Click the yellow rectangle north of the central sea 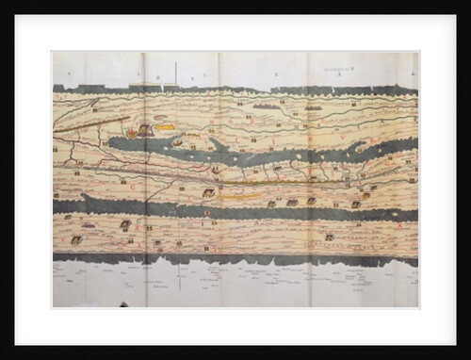(166, 126)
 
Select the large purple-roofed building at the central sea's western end (144, 130)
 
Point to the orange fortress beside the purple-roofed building (132, 133)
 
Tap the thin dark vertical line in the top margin (176, 72)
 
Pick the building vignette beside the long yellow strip (208, 192)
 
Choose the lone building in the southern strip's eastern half (330, 237)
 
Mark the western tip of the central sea (109, 143)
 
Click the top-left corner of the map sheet (54, 53)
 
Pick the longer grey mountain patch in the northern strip (267, 106)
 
